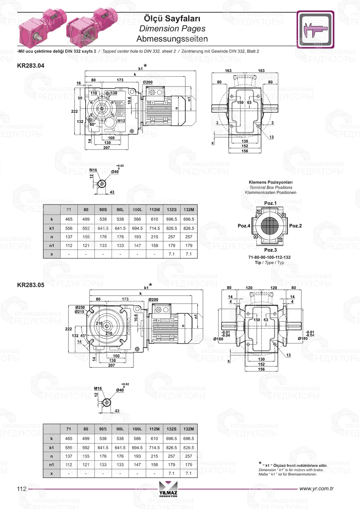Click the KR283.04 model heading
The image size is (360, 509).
tap(31, 66)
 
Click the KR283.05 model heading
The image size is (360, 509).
tap(31, 285)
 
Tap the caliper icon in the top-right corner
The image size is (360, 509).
tap(315, 30)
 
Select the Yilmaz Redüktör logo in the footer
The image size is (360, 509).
tap(168, 489)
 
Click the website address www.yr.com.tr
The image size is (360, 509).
tap(316, 488)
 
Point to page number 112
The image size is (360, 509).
tap(22, 488)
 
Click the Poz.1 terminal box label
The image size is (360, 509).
tap(270, 203)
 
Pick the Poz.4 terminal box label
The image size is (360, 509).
tap(244, 226)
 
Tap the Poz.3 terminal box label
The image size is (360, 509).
tap(270, 250)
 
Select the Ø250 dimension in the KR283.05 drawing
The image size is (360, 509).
tap(80, 307)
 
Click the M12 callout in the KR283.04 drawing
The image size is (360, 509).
tap(121, 121)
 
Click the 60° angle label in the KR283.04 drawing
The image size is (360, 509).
tap(93, 125)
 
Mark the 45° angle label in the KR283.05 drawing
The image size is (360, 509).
tap(83, 335)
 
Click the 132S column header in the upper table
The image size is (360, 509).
tap(172, 210)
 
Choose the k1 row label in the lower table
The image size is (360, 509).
tap(51, 447)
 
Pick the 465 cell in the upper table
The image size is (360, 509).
tap(69, 219)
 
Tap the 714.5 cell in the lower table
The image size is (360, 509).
tap(154, 447)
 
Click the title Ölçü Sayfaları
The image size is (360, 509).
tap(172, 18)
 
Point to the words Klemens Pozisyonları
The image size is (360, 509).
tap(270, 182)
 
